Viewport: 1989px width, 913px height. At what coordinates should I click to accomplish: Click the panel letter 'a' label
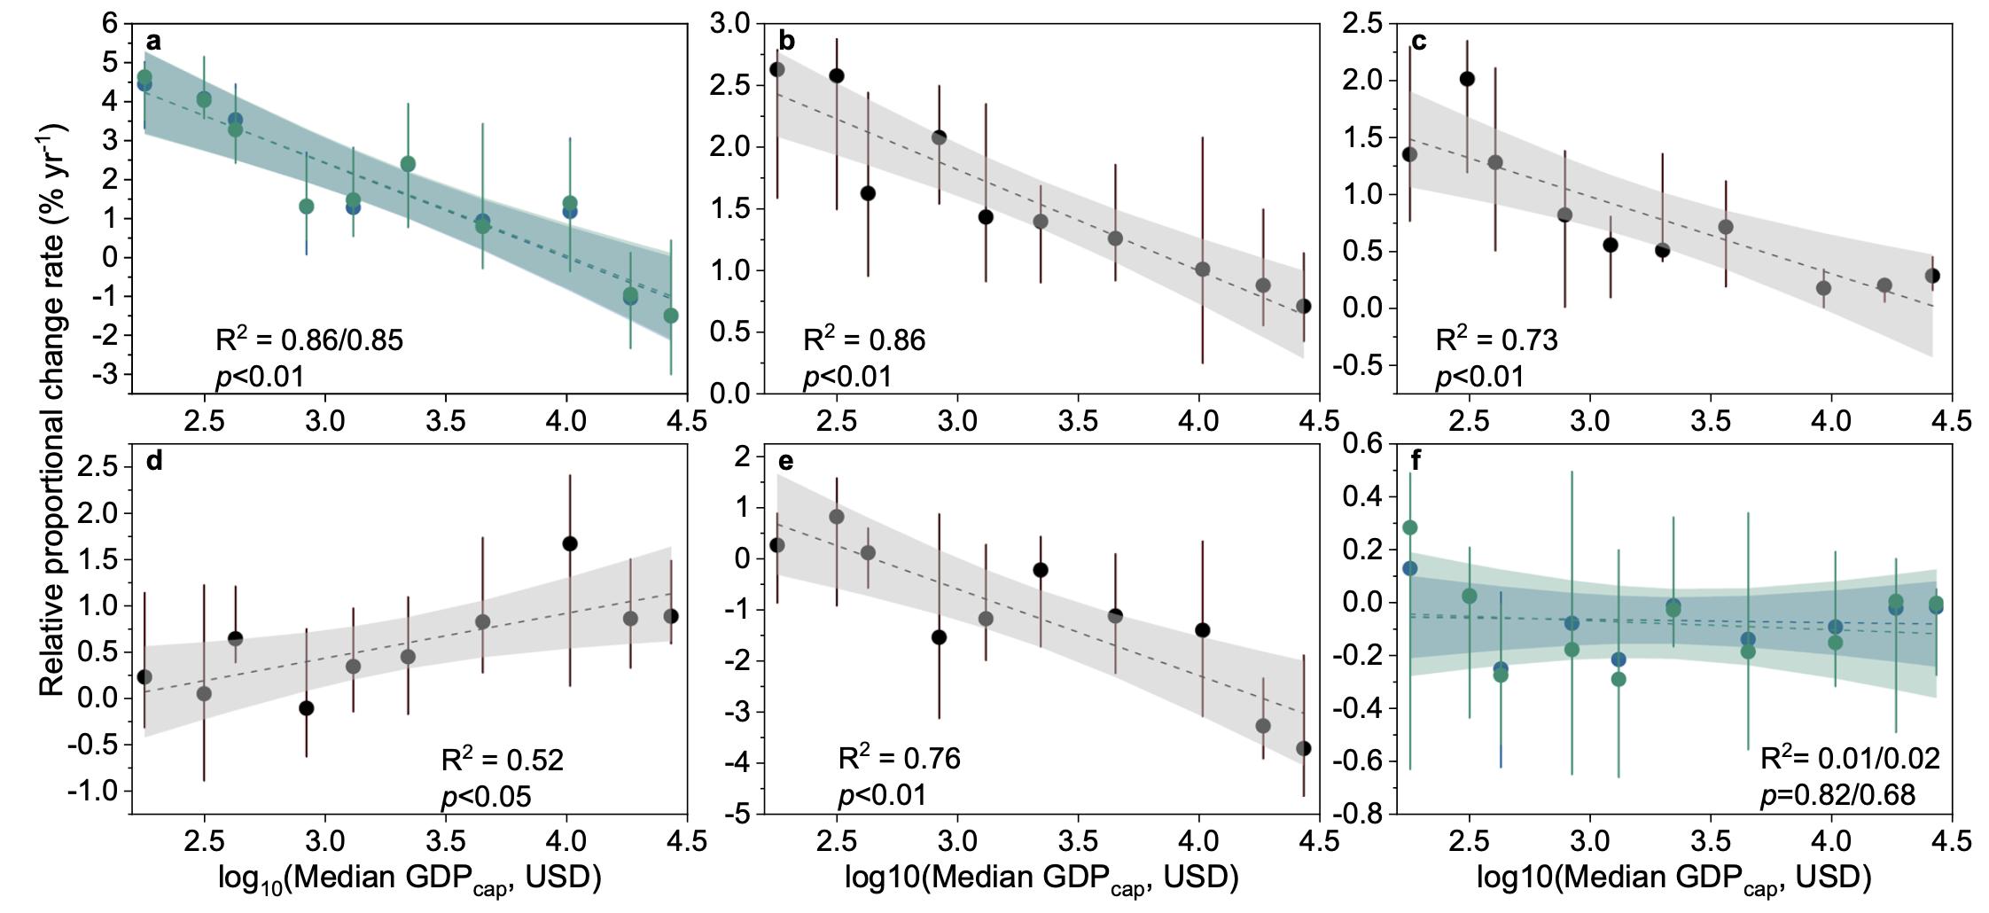pyautogui.click(x=153, y=41)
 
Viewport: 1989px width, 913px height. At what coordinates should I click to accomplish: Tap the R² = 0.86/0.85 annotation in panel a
pyautogui.click(x=308, y=339)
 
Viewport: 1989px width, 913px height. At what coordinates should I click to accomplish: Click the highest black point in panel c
pyautogui.click(x=1467, y=79)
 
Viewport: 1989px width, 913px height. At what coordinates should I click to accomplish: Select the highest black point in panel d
pyautogui.click(x=570, y=543)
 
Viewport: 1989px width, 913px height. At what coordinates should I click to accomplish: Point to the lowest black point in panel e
pyautogui.click(x=1303, y=748)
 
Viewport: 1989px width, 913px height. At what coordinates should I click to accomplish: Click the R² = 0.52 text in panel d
pyautogui.click(x=502, y=760)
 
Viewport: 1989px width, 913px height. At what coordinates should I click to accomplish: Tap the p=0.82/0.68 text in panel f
pyautogui.click(x=1837, y=794)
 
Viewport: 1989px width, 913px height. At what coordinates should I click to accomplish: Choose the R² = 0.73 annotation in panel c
pyautogui.click(x=1496, y=339)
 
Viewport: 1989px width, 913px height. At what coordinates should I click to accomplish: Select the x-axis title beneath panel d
pyautogui.click(x=409, y=878)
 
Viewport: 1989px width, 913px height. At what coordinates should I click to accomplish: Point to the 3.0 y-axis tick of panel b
pyautogui.click(x=730, y=24)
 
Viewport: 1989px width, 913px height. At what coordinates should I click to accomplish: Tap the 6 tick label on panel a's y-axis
pyautogui.click(x=111, y=24)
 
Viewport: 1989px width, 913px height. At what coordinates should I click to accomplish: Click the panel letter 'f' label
pyautogui.click(x=1416, y=461)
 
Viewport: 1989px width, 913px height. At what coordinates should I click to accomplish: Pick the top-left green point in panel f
pyautogui.click(x=1409, y=527)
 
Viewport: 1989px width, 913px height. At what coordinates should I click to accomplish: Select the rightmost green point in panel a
pyautogui.click(x=671, y=316)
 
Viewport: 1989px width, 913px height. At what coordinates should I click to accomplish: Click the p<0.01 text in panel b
pyautogui.click(x=846, y=378)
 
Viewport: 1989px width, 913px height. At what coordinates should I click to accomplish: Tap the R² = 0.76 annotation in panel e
pyautogui.click(x=899, y=759)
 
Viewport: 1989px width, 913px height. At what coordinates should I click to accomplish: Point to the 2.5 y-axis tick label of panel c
pyautogui.click(x=1362, y=24)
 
